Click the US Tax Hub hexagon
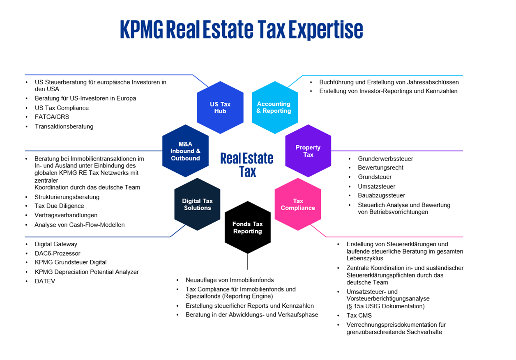[220, 108]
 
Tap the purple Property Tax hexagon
[308, 151]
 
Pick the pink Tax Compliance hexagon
[298, 204]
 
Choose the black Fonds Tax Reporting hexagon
[247, 227]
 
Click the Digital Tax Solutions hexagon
[197, 204]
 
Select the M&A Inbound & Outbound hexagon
[185, 151]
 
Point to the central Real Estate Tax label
[247, 165]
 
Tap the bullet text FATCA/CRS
[52, 117]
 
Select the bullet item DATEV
[45, 281]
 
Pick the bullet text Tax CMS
[359, 315]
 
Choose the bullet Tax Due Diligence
[59, 206]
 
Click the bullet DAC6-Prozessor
[58, 253]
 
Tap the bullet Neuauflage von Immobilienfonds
[230, 280]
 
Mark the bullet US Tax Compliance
[62, 108]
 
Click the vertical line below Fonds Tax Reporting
[248, 261]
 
